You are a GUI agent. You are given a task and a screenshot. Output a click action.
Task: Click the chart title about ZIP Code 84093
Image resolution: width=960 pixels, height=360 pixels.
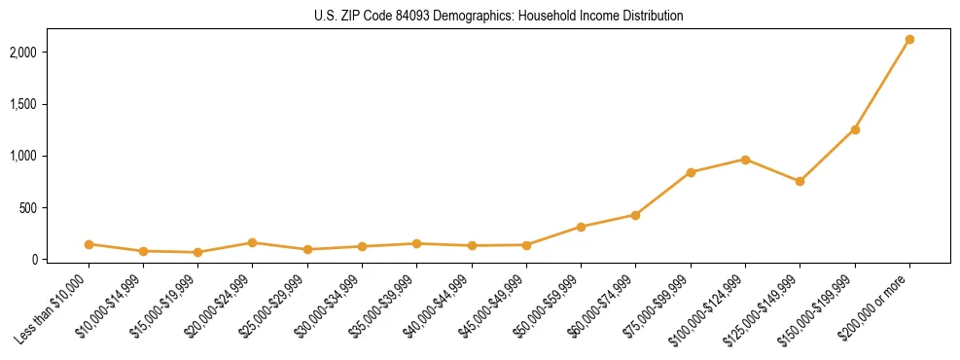coord(499,16)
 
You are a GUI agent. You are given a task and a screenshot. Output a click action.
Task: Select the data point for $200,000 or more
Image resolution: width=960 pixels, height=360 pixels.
coord(909,40)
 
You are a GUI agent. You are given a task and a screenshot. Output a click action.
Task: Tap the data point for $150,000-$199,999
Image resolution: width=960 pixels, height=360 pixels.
coord(855,129)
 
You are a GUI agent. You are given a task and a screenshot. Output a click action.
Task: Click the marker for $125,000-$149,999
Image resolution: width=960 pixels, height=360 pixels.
coord(800,181)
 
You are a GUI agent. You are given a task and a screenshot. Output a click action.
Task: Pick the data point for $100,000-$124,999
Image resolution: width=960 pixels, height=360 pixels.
coord(745,160)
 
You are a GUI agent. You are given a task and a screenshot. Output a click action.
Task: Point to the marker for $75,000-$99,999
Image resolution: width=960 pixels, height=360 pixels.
coord(691,172)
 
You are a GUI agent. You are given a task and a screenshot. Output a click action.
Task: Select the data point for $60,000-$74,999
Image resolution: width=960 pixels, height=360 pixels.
coord(635,215)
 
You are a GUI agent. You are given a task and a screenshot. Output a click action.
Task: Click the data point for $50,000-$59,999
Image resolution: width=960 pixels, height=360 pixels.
coord(581,227)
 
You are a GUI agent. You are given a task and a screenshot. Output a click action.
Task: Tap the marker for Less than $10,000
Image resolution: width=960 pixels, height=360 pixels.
coord(89,244)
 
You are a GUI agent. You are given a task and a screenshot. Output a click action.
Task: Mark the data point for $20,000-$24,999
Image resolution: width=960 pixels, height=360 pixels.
coord(252,242)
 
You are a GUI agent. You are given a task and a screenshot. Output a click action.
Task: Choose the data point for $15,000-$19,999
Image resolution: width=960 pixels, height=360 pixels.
coord(197,252)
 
